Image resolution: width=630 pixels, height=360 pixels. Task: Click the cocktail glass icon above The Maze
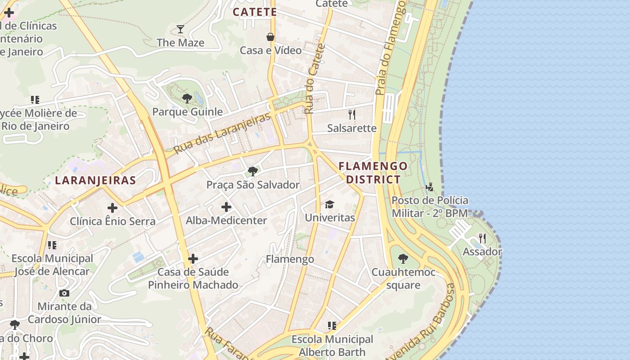point(180,29)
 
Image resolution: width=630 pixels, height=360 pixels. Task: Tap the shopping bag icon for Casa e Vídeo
point(270,36)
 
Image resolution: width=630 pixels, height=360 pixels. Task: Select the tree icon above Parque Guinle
point(187,98)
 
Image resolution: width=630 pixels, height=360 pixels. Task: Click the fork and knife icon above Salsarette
point(352,115)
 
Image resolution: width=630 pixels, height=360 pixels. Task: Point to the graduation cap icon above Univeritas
point(330,204)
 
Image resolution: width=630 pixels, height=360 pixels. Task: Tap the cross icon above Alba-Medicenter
point(226,207)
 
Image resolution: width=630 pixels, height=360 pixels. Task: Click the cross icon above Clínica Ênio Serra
point(112,207)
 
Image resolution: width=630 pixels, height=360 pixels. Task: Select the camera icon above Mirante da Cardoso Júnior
point(64,293)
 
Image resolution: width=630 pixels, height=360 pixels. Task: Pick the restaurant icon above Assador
point(482,238)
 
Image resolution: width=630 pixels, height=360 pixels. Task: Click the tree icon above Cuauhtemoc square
point(403,259)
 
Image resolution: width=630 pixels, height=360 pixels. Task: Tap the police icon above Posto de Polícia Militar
point(430,187)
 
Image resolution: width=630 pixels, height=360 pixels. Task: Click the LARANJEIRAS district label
point(95,180)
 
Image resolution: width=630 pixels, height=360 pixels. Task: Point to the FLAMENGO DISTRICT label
point(373,172)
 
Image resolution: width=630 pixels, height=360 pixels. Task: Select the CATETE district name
point(255,12)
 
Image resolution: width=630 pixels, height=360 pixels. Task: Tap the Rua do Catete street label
point(315,79)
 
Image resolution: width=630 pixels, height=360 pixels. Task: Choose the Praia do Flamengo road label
point(391,47)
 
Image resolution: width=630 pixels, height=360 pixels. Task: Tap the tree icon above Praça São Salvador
point(253,171)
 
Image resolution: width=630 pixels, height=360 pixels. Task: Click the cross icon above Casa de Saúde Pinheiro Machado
point(193,259)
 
